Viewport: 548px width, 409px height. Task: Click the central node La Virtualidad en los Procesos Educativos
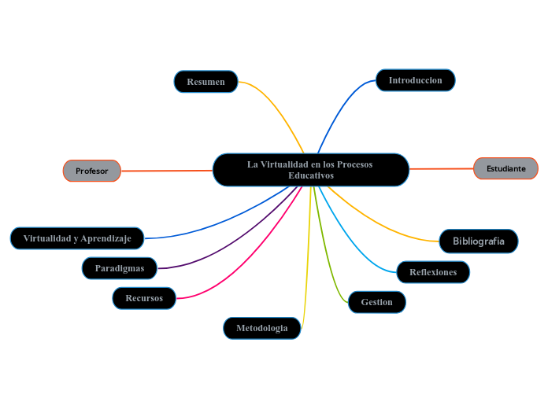(x=311, y=164)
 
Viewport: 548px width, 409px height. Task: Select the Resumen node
(x=205, y=82)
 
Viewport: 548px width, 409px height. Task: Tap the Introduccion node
(x=415, y=80)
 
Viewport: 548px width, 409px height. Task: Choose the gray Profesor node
(x=92, y=171)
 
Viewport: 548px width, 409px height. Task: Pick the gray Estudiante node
(x=505, y=168)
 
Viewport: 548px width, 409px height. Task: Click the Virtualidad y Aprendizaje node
(x=77, y=238)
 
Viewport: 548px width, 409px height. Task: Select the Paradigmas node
(x=120, y=268)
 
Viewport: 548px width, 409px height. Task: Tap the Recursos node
(x=144, y=298)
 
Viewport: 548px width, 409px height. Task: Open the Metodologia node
(x=262, y=328)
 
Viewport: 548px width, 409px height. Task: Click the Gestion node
(x=376, y=302)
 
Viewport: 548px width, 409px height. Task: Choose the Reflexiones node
(x=433, y=272)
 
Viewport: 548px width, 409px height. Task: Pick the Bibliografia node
(x=479, y=241)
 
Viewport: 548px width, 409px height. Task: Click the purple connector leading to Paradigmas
(x=228, y=245)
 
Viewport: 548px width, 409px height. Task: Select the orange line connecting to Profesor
(x=165, y=170)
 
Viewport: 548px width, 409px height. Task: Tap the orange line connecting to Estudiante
(x=441, y=168)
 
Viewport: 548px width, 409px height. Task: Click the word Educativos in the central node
(x=311, y=175)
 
